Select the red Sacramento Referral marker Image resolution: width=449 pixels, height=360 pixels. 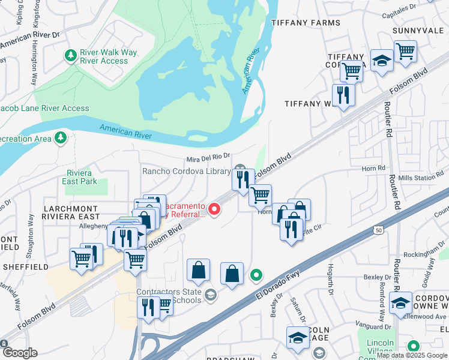pyautogui.click(x=214, y=209)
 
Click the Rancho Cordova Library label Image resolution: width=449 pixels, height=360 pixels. pyautogui.click(x=186, y=171)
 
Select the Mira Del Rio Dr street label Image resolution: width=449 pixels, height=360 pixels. pyautogui.click(x=208, y=158)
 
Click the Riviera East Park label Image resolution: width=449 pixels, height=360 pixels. pyautogui.click(x=81, y=177)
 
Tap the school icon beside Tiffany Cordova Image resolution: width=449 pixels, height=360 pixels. pyautogui.click(x=382, y=61)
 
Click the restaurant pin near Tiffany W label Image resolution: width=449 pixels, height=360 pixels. pyautogui.click(x=343, y=95)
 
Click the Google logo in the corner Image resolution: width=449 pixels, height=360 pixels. pyautogui.click(x=20, y=353)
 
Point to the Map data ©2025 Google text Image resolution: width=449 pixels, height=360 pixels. pyautogui.click(x=412, y=355)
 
